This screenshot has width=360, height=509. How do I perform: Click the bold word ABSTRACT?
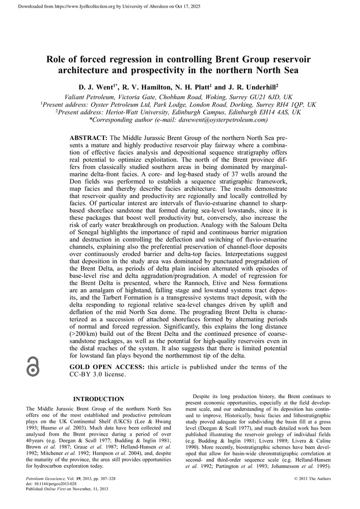point(87,138)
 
